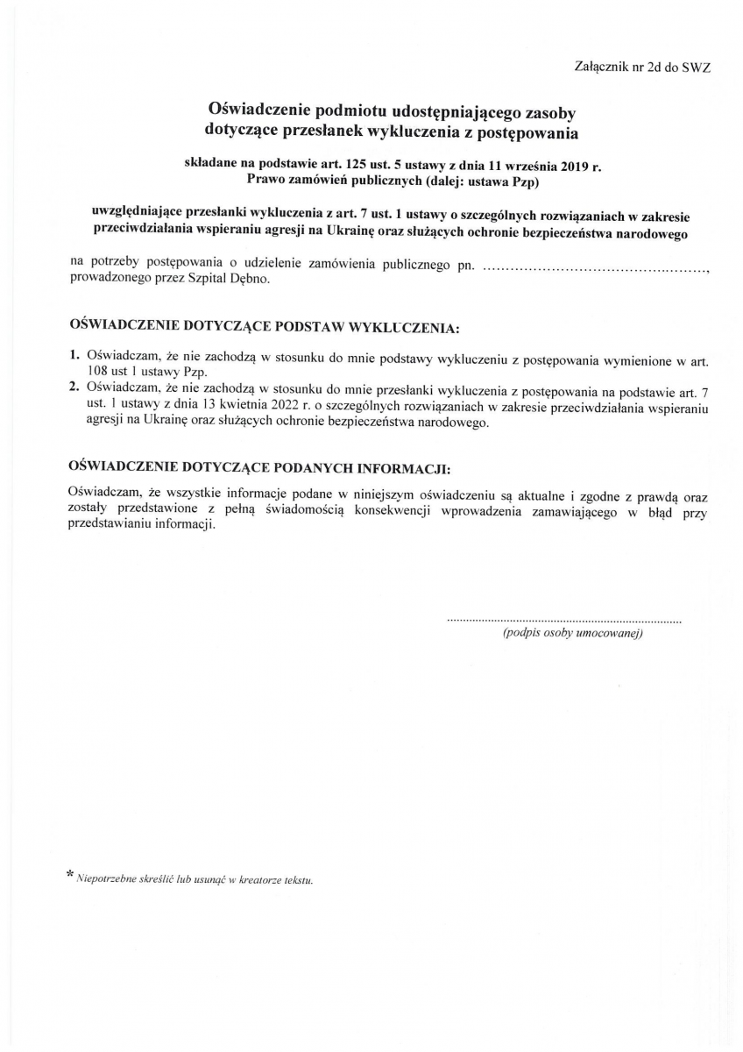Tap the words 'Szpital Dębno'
pyautogui.click(x=237, y=281)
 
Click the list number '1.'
pyautogui.click(x=74, y=357)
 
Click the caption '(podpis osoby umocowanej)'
pyautogui.click(x=573, y=633)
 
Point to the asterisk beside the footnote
pyautogui.click(x=70, y=874)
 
